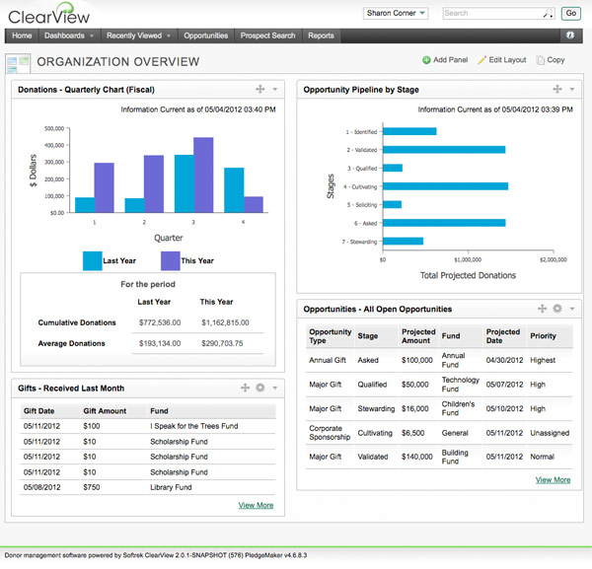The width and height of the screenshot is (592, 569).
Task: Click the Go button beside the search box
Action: (x=570, y=14)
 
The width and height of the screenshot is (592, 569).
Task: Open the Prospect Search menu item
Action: (x=267, y=36)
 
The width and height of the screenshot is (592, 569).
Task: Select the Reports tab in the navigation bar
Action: (x=321, y=36)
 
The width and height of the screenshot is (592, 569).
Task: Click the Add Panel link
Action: (x=445, y=60)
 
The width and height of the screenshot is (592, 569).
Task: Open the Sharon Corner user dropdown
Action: (x=396, y=14)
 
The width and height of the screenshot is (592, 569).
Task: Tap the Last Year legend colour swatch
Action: (x=92, y=260)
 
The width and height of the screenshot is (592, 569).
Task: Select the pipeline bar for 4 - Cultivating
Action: (x=445, y=185)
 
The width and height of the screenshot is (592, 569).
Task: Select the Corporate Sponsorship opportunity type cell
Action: (x=330, y=431)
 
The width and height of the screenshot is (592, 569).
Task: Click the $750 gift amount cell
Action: (x=92, y=486)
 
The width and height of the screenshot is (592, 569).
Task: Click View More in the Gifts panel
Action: (x=256, y=506)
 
